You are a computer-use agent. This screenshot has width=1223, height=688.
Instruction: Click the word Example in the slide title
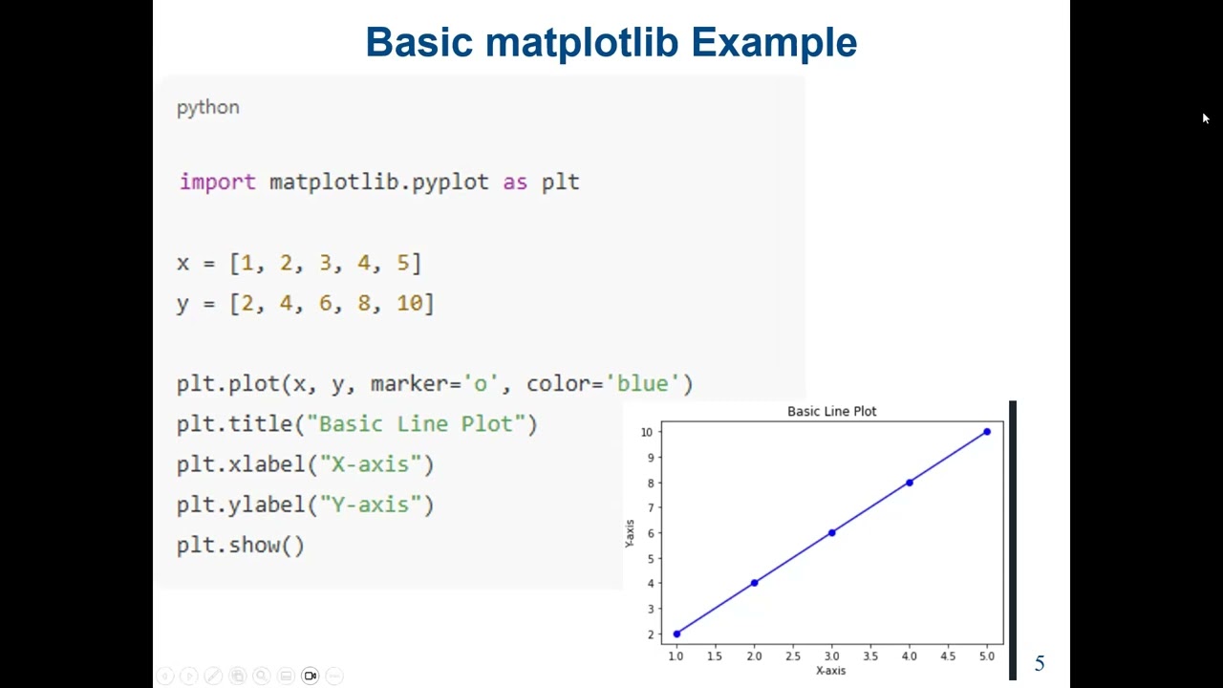tap(773, 43)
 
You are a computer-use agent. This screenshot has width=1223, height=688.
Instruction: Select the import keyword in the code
tap(217, 183)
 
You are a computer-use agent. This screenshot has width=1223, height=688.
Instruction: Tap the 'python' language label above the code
tap(207, 107)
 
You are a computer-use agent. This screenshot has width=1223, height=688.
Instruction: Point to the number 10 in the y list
tap(409, 303)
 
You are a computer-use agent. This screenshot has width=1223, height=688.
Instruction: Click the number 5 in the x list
tap(402, 263)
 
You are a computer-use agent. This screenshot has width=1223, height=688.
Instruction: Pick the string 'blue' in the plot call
tap(642, 383)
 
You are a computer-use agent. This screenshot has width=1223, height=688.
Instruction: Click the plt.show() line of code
tap(240, 546)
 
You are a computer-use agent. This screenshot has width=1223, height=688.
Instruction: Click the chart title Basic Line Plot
tap(831, 411)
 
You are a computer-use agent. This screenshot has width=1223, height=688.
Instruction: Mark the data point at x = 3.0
tap(831, 532)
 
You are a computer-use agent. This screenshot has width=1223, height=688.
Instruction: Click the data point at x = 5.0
tap(987, 432)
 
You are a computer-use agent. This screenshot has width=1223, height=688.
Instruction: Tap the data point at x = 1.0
tap(676, 634)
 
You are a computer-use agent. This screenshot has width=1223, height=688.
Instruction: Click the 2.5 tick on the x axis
tap(793, 656)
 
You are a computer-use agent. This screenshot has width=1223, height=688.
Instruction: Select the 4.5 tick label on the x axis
tap(948, 656)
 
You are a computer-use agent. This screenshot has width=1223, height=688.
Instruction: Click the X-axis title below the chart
tap(830, 671)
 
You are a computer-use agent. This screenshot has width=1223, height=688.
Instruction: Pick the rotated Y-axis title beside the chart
tap(630, 533)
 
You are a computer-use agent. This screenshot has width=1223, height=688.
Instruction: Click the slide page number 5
tap(1040, 664)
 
